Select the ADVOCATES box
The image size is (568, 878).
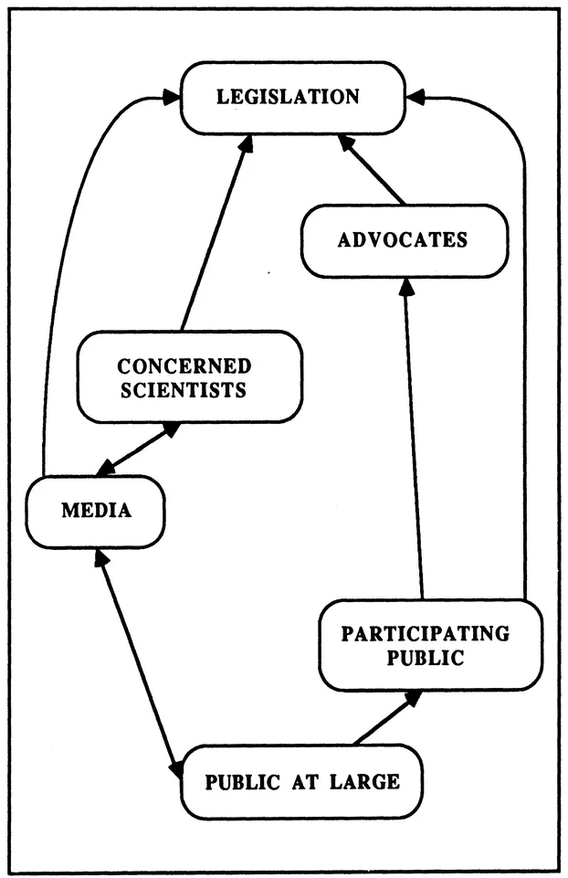click(404, 240)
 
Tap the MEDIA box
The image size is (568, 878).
click(96, 511)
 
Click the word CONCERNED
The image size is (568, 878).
click(184, 366)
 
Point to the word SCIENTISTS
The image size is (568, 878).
click(184, 390)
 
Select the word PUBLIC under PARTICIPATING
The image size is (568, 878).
click(426, 658)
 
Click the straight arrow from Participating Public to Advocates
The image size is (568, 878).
click(415, 439)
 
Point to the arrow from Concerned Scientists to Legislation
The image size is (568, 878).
click(214, 233)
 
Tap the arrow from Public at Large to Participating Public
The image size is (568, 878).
click(387, 717)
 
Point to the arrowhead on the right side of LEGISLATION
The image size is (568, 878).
click(415, 95)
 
